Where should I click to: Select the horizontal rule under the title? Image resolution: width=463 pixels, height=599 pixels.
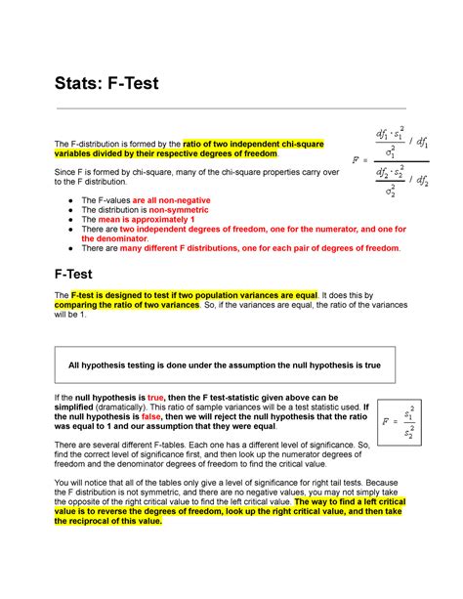(x=231, y=108)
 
